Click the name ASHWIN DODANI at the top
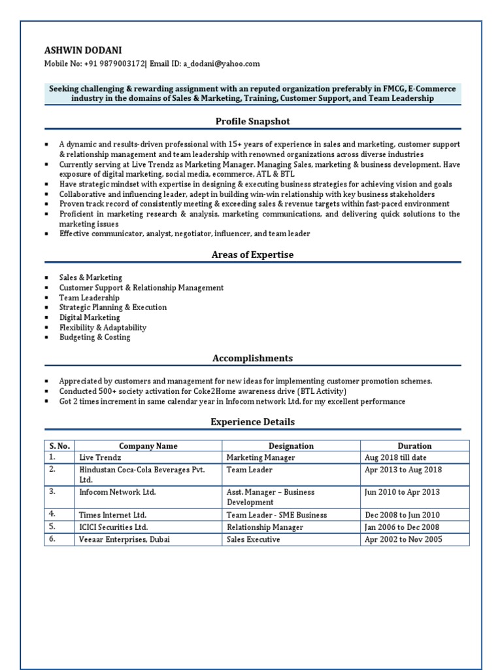coord(82,50)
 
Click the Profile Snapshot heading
coord(252,121)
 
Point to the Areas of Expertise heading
coord(252,255)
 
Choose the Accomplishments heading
coord(252,358)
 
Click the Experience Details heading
coord(252,422)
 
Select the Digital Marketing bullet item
coord(90,317)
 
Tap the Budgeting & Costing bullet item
coord(94,338)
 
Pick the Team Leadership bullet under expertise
coord(89,298)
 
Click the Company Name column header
coord(148,446)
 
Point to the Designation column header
coord(291,446)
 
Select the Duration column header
coord(414,446)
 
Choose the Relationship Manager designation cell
coord(265,527)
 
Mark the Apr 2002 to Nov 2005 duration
coord(403,540)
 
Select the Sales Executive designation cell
coord(253,540)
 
